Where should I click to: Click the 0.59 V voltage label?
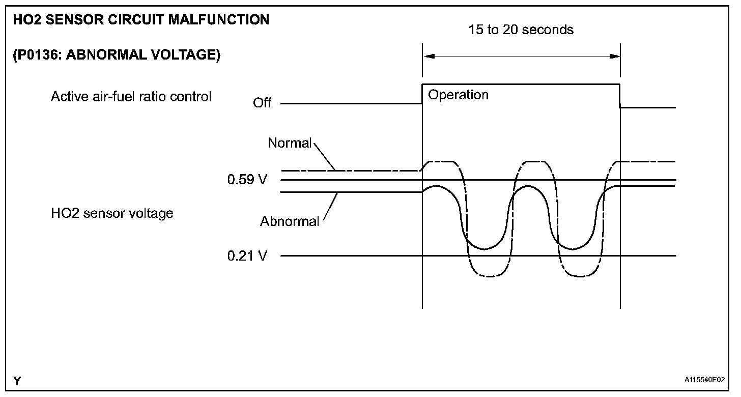coord(247,180)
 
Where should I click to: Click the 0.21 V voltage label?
coord(247,256)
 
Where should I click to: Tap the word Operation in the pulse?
coord(458,95)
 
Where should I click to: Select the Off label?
coord(262,103)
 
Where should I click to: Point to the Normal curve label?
coord(289,144)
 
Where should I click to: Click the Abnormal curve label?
coord(290,221)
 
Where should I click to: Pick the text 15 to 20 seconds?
coord(521,30)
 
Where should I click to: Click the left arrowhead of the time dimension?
coord(429,56)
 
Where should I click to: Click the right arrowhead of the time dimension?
coord(615,56)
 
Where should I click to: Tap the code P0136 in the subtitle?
coord(34,55)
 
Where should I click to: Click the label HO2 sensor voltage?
coord(112,213)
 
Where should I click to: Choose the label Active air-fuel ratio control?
coord(131,97)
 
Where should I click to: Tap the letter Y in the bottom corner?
coord(17,381)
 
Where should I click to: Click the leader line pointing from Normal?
coord(325,156)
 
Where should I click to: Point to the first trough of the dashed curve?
coord(490,276)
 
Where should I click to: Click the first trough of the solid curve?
coord(483,249)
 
